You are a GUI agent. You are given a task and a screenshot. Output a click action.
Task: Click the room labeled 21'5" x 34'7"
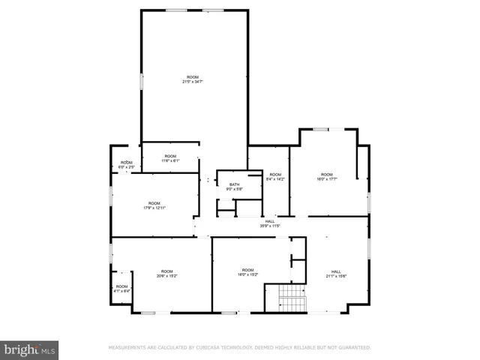(193, 79)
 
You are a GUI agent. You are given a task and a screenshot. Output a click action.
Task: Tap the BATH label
(235, 184)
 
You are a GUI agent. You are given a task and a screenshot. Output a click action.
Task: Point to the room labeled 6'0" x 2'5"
(127, 164)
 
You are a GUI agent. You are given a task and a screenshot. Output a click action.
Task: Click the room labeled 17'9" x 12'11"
(154, 205)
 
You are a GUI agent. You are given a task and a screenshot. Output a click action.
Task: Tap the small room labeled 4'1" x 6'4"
(121, 288)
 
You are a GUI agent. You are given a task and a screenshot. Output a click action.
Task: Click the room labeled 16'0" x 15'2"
(248, 272)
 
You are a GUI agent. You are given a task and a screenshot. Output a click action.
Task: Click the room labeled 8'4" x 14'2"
(275, 176)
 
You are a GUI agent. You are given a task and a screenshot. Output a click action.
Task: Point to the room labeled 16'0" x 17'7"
(327, 176)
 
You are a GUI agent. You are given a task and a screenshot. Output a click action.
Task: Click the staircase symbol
(292, 299)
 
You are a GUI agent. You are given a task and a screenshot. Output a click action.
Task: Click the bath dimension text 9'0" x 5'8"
(235, 189)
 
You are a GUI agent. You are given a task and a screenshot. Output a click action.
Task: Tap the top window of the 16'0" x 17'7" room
(321, 129)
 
